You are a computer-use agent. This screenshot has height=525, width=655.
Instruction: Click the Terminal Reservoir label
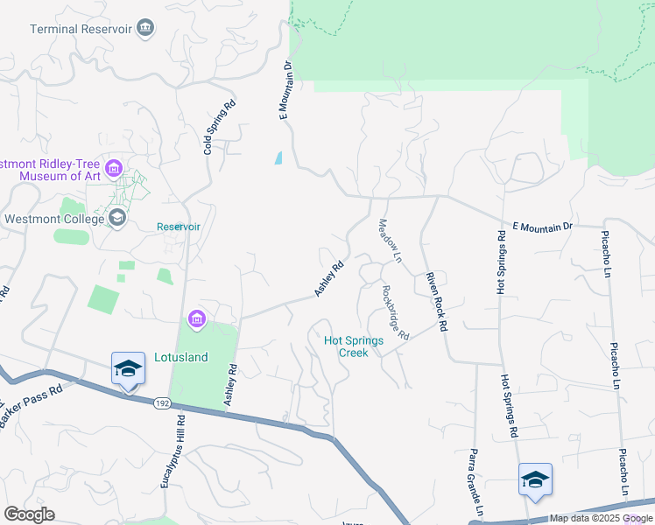(81, 29)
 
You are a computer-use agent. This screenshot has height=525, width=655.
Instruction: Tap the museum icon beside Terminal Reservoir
(145, 29)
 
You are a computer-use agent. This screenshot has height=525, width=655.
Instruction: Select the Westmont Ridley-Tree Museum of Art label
(53, 170)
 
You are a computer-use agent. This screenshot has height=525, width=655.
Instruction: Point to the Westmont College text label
(53, 219)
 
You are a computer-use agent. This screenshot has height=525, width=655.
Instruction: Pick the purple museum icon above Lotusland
(196, 321)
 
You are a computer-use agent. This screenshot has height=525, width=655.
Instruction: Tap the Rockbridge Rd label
(396, 311)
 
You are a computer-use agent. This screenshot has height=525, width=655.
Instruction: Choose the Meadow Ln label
(389, 241)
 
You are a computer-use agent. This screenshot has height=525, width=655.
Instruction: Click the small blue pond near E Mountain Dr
(278, 158)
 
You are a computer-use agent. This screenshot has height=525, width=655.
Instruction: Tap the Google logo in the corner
(30, 514)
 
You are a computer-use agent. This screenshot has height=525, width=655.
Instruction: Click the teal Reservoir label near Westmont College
(179, 227)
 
